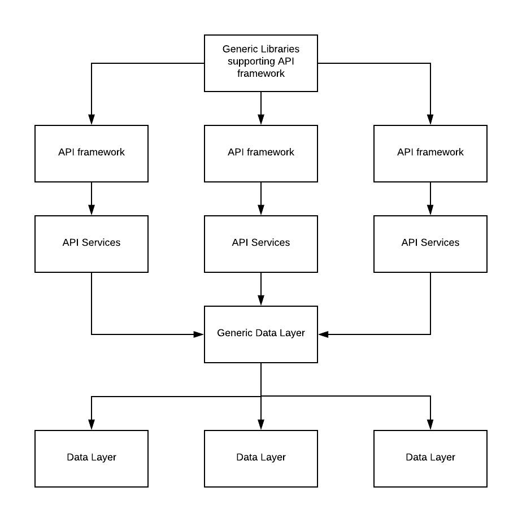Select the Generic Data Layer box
tap(260, 334)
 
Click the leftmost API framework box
tap(92, 153)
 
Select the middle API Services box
tap(260, 243)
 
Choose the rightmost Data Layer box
tap(430, 458)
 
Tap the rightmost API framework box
tap(430, 153)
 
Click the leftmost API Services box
tap(92, 243)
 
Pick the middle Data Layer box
tap(260, 458)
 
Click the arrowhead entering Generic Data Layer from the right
tap(323, 334)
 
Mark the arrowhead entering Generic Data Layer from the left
tap(198, 334)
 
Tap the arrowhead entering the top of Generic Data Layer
tap(260, 301)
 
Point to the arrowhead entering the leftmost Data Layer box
tap(92, 425)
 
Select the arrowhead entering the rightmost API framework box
tap(430, 120)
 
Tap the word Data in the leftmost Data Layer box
tap(77, 457)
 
